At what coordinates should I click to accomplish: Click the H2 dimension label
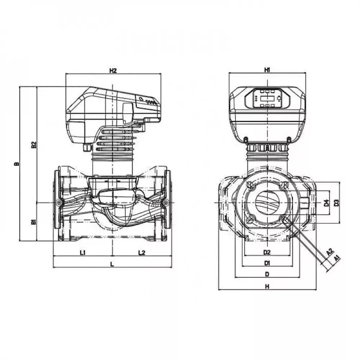pyautogui.click(x=113, y=71)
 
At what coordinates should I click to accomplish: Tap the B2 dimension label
pyautogui.click(x=33, y=145)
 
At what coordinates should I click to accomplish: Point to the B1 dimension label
pyautogui.click(x=33, y=222)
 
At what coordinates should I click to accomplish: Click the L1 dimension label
pyautogui.click(x=82, y=252)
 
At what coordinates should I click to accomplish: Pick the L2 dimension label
pyautogui.click(x=141, y=252)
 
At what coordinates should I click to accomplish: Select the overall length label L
pyautogui.click(x=112, y=264)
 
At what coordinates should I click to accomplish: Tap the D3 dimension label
pyautogui.click(x=337, y=203)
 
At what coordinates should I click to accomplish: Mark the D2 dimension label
pyautogui.click(x=267, y=252)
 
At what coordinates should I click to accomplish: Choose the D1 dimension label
pyautogui.click(x=267, y=263)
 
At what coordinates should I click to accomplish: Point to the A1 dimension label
pyautogui.click(x=336, y=258)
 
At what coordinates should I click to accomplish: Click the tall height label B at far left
pyautogui.click(x=16, y=164)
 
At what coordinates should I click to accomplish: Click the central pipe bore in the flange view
pyautogui.click(x=267, y=202)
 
